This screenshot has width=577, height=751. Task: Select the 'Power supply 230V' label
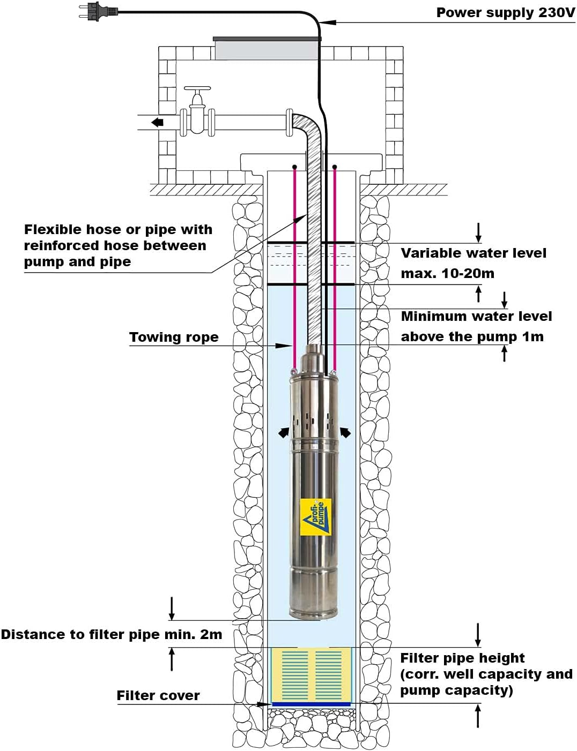(505, 13)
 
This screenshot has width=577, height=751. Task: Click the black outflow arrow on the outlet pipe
(157, 123)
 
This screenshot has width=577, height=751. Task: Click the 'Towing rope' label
(174, 337)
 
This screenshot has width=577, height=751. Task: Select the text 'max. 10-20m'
(447, 274)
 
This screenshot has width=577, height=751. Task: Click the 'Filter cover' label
(158, 696)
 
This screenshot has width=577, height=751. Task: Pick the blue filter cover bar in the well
(311, 704)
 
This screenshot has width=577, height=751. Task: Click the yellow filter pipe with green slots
(311, 675)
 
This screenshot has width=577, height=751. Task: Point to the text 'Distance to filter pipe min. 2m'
(112, 635)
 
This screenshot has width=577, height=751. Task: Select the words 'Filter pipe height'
(462, 658)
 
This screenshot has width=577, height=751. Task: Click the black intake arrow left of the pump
(284, 432)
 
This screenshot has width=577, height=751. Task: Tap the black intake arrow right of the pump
(345, 432)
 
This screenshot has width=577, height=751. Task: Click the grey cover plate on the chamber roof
(267, 48)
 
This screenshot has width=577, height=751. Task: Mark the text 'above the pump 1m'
(472, 337)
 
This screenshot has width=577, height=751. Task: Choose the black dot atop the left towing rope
(294, 167)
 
